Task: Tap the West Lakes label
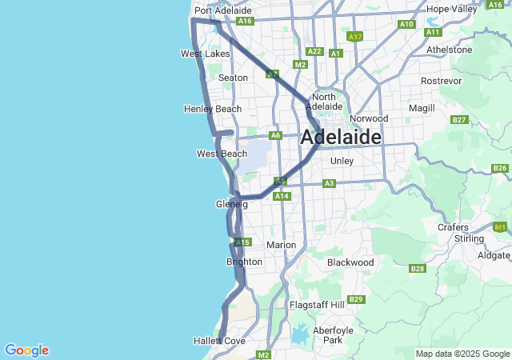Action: point(205,54)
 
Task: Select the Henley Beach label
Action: point(212,109)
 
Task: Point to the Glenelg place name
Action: point(232,204)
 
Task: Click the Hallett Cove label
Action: point(218,341)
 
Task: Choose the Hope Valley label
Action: point(452,9)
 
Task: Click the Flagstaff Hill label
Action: point(316,305)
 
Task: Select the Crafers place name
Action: point(453,227)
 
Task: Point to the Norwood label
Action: point(369,118)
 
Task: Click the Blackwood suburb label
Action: point(350,262)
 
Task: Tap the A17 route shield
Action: point(356,37)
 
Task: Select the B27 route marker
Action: point(459,120)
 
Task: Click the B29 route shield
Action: point(356,299)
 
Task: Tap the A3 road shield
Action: point(329,183)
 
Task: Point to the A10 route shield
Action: point(406,24)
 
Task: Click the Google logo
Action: point(26,350)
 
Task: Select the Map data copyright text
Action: point(462,354)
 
